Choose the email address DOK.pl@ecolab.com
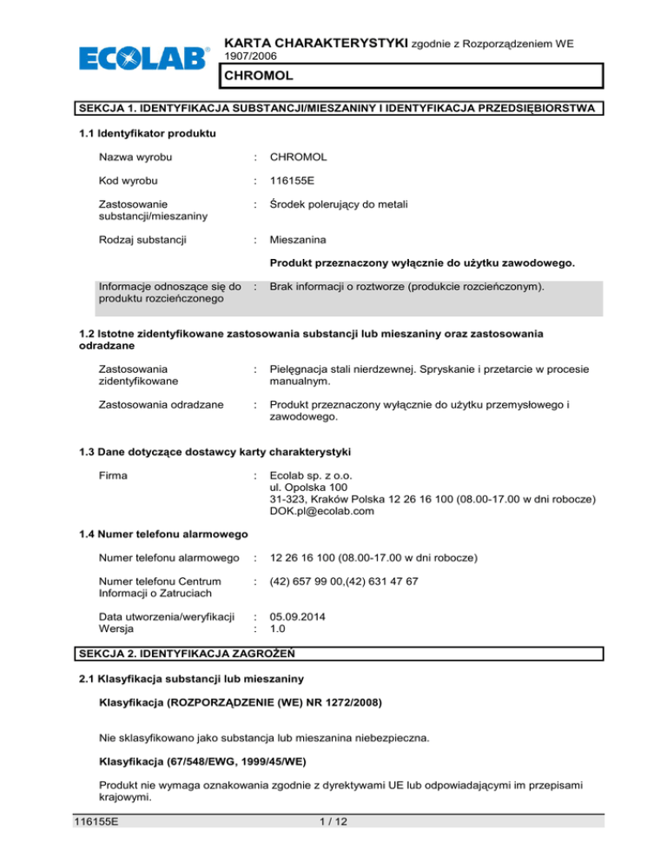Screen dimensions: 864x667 [x=322, y=511]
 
